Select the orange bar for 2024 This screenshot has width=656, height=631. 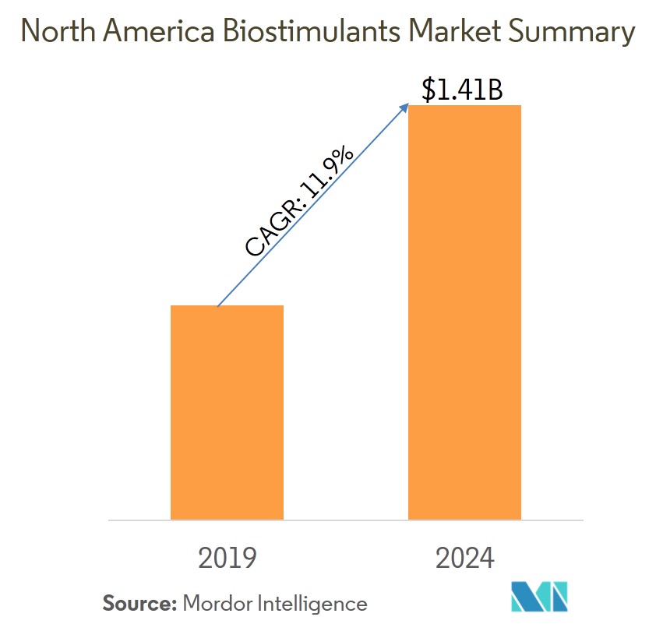coord(464,312)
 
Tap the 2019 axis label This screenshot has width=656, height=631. coord(227,558)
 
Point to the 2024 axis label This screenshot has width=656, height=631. coord(464,558)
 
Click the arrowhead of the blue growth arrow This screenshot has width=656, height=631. coord(407,105)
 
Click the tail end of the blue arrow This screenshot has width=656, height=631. coord(217,305)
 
